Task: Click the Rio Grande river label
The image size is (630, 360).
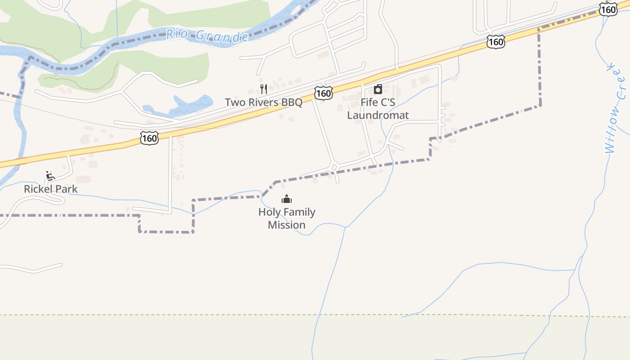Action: click(207, 35)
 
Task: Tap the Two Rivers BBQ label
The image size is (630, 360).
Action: click(264, 102)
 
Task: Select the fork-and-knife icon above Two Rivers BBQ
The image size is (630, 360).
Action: click(264, 89)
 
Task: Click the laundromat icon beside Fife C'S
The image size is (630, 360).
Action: click(378, 89)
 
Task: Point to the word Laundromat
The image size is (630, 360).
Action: click(378, 115)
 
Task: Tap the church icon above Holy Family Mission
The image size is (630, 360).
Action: click(287, 199)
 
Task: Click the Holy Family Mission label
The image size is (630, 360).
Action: click(287, 218)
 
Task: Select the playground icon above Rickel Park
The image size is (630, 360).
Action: click(50, 175)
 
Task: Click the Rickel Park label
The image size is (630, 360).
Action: click(51, 189)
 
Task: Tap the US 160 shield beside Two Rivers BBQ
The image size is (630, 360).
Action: click(324, 93)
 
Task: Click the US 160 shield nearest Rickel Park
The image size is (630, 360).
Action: click(149, 138)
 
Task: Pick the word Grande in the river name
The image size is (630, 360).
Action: click(222, 36)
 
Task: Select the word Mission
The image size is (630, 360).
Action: click(287, 225)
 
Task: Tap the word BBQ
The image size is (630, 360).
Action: click(292, 102)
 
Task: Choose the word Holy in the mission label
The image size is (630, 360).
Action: click(269, 212)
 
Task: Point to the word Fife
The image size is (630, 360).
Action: click(369, 102)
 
